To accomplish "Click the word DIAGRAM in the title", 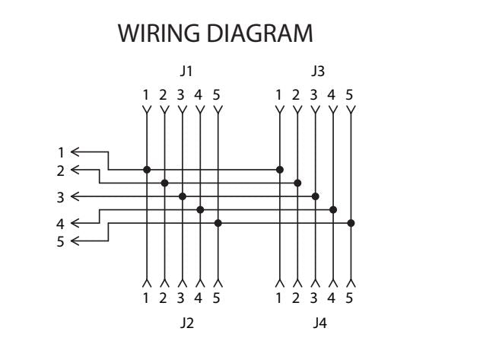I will pos(259,35).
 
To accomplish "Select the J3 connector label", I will pos(316,72).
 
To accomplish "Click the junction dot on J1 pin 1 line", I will pos(147,169).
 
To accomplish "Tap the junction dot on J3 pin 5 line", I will pos(351,223).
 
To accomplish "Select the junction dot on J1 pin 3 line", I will pos(183,196).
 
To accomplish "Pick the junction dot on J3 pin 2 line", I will pos(298,183).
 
